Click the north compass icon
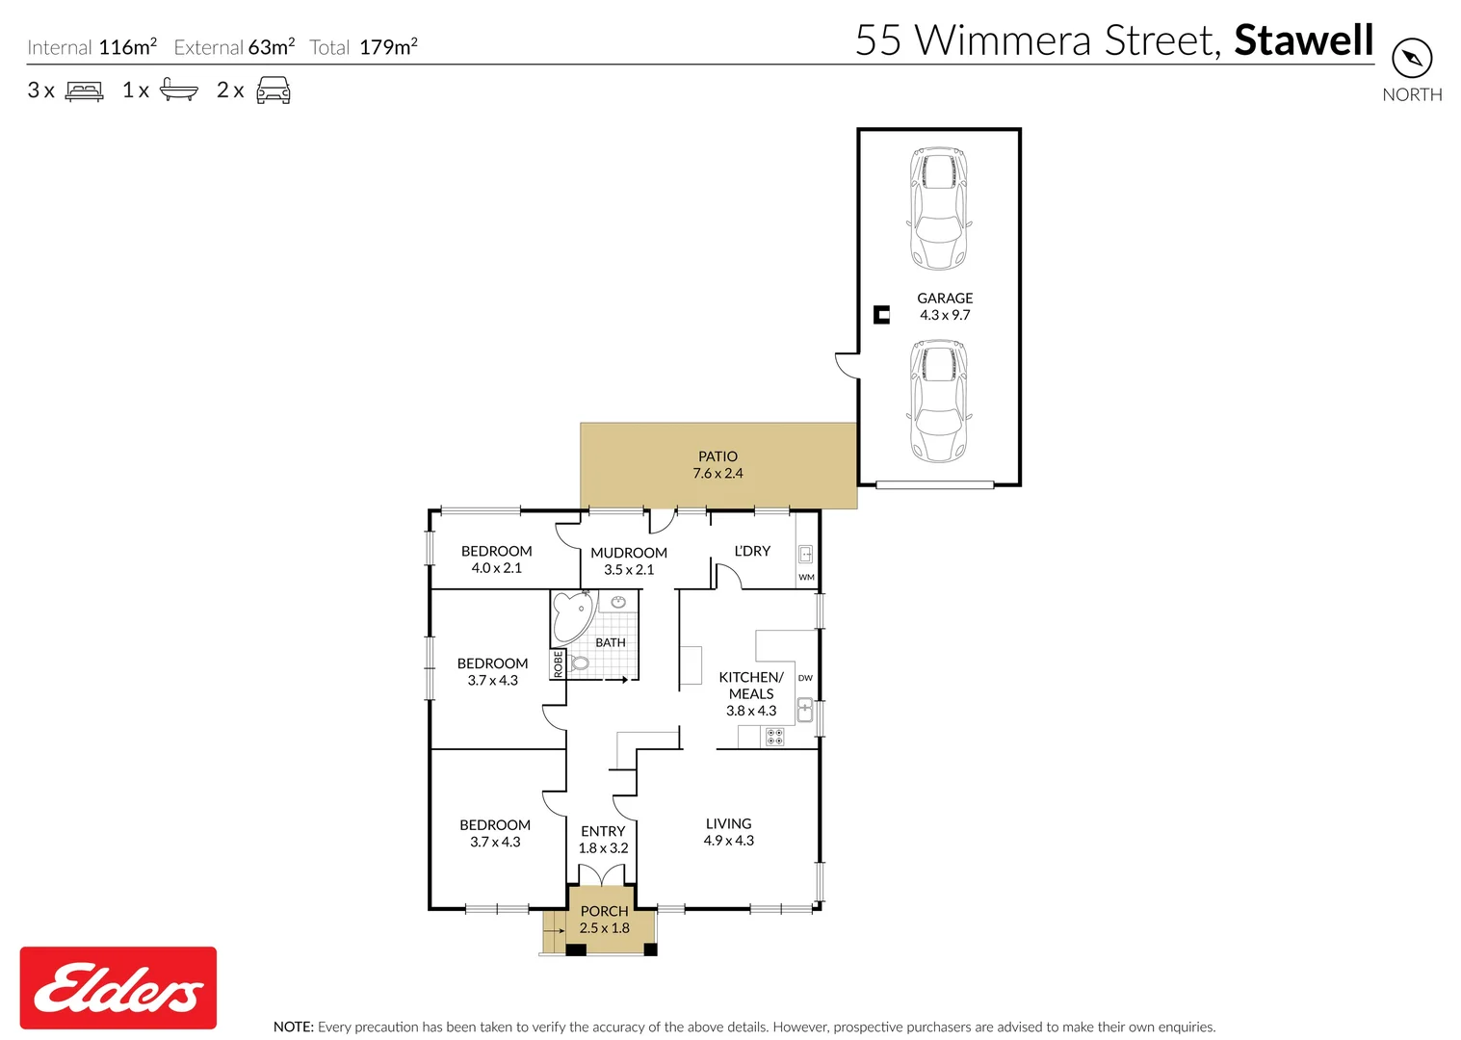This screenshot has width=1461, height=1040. coord(1412,59)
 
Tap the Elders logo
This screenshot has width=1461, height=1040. coord(118,988)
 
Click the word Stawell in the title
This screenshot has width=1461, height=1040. coord(1303,40)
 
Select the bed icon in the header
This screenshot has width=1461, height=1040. coord(84,91)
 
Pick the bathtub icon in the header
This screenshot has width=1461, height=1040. coord(178,91)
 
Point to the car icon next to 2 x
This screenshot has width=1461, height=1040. coord(274,91)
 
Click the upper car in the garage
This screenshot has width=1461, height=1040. coord(938,208)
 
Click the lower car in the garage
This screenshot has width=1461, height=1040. coord(938,401)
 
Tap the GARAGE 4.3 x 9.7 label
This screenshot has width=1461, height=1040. coord(945,307)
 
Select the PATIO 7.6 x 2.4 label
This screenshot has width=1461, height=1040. coord(717,465)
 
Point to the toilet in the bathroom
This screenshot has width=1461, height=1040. coord(579,663)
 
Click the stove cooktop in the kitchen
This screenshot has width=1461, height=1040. coord(774,738)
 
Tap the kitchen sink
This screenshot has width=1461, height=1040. coord(805,712)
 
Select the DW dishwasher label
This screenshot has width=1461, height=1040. coord(805,678)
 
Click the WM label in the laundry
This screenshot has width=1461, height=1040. coord(806,578)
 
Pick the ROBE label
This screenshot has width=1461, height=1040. coord(558,664)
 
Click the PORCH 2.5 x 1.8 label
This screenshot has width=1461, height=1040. coord(604,920)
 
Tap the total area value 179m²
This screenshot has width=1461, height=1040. coord(388,47)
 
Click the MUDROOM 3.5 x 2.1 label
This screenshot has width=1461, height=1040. coord(629,561)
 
